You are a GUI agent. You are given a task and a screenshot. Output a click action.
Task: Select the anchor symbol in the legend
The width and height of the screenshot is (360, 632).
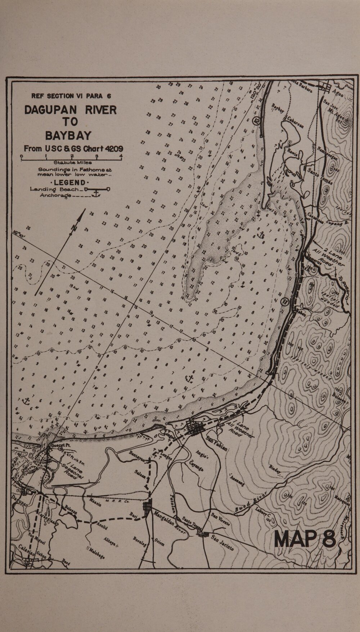(96, 194)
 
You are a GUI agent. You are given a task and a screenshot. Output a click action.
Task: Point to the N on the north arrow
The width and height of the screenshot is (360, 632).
(74, 228)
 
